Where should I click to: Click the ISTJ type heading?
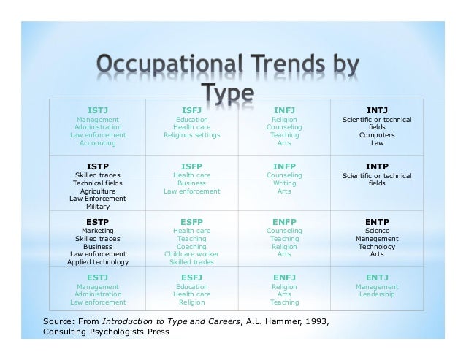98,110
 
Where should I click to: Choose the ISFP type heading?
191,166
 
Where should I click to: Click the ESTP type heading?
98,221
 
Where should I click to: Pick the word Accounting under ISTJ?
98,143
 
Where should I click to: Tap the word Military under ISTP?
98,207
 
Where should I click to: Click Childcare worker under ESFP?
191,254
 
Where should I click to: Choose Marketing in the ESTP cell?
98,230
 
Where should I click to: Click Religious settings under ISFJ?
191,135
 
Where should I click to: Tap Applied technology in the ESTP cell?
98,262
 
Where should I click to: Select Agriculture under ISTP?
98,191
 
